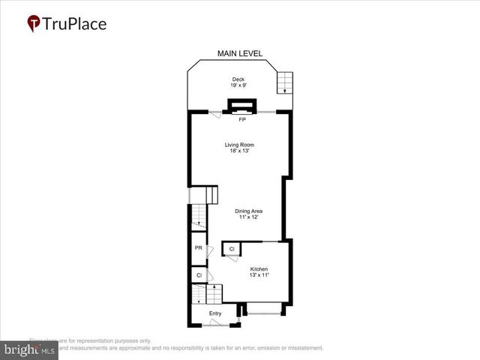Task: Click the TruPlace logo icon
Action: click(34, 24)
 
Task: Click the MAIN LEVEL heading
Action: click(239, 53)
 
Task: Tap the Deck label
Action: click(238, 79)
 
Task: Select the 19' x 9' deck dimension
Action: click(238, 86)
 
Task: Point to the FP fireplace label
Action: click(242, 119)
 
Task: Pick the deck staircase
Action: click(285, 82)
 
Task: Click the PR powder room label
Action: click(199, 248)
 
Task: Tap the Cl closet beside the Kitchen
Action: click(232, 248)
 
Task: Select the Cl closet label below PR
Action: click(199, 275)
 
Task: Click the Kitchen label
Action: click(259, 269)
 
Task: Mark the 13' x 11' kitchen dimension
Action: click(259, 276)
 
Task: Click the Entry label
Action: click(215, 313)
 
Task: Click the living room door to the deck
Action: click(215, 114)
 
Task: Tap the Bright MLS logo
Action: click(28, 349)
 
